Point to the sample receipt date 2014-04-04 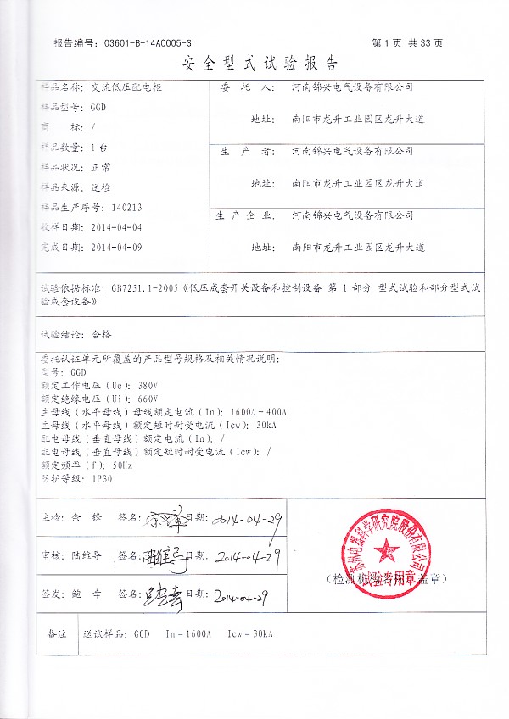coord(115,226)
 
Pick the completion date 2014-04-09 coord(115,248)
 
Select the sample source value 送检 coord(100,187)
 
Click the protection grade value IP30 coord(100,478)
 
